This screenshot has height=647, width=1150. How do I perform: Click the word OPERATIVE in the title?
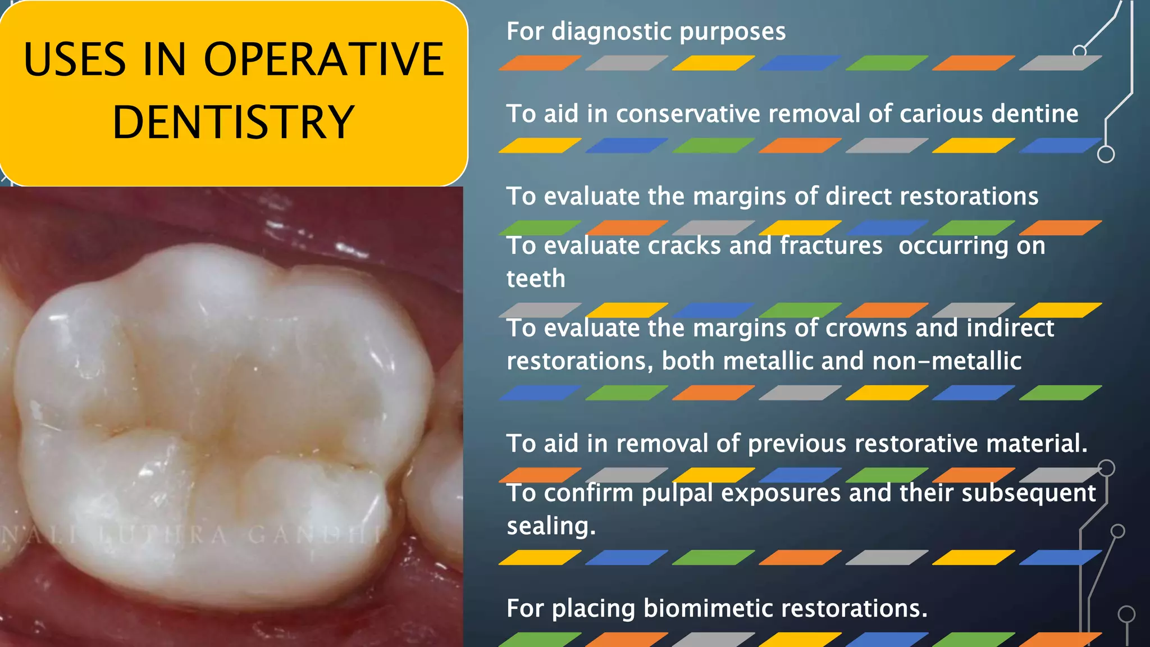coord(323,60)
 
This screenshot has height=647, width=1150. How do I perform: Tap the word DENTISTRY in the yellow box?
coord(233,122)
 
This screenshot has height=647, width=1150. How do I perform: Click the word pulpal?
coord(677,494)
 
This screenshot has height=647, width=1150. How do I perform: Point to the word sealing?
coord(551,526)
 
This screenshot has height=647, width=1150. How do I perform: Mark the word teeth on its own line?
coord(536,279)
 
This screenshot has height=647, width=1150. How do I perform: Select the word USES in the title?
coord(75,60)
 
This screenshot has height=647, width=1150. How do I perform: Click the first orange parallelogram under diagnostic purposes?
coord(540,63)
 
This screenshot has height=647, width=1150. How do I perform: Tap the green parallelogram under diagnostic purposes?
coord(886,63)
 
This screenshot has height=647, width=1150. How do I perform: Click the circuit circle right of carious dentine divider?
coord(1106,154)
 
